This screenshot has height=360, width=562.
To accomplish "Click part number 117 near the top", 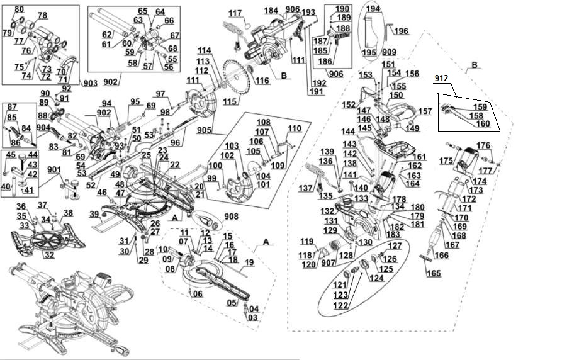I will (x=235, y=13).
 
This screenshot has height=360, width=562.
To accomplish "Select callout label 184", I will (x=271, y=11).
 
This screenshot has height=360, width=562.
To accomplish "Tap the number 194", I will (x=373, y=9).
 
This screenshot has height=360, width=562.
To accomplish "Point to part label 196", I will (x=401, y=31).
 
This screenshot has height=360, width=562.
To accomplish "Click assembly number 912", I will (x=441, y=79).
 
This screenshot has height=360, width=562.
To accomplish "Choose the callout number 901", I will (x=54, y=169).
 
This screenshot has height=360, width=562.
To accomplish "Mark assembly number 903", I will (x=89, y=84).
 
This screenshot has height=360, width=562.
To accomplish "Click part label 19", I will (x=249, y=262).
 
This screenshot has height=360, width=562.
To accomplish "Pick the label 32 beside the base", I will (x=49, y=256).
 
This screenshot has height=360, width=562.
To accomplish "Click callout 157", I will (x=425, y=111).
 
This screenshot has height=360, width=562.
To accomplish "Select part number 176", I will (x=483, y=145).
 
